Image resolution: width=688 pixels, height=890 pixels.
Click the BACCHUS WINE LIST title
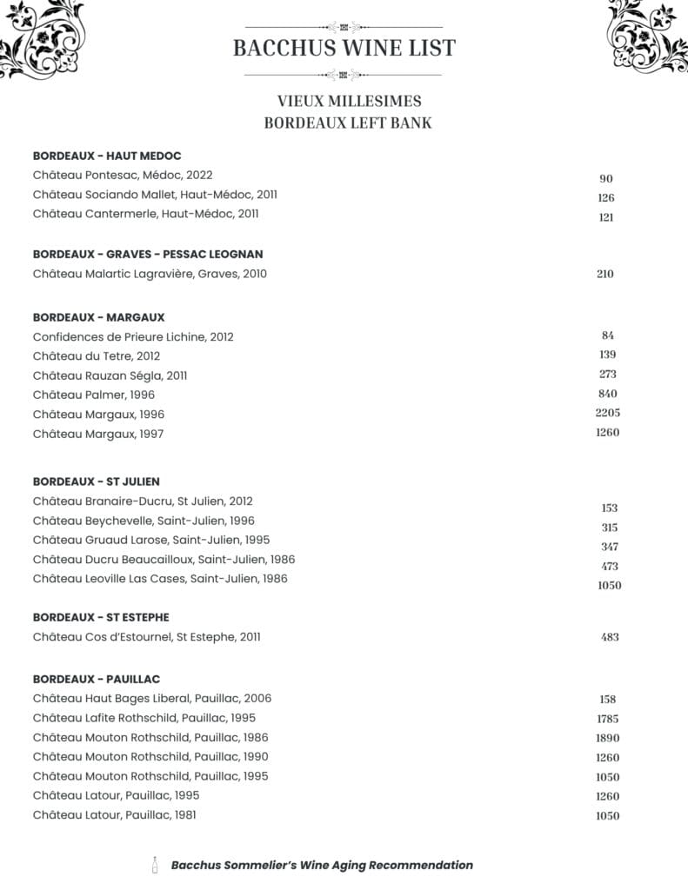(x=344, y=48)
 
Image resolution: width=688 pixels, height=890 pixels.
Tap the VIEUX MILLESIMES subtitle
(x=349, y=102)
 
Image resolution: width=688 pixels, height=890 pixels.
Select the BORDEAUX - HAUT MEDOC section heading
(x=107, y=156)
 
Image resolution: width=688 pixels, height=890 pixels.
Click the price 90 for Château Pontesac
(x=606, y=179)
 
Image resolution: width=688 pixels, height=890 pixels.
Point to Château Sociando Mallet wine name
(x=155, y=195)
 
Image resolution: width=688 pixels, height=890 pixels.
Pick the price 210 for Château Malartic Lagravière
(x=605, y=274)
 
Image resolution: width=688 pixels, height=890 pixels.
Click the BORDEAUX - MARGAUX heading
(x=98, y=317)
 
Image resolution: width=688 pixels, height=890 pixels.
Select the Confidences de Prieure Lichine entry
(x=133, y=336)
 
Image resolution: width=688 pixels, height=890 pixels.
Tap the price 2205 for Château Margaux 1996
(x=608, y=413)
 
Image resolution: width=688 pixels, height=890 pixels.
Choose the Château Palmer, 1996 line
(x=94, y=395)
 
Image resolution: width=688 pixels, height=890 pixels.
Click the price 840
(x=608, y=394)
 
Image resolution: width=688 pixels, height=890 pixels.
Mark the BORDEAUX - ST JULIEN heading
(x=96, y=482)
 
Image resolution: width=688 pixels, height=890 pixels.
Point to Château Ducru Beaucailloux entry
(x=164, y=559)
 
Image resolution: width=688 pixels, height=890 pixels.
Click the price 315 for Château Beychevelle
(x=609, y=528)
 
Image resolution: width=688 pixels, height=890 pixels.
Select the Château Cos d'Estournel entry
(x=146, y=637)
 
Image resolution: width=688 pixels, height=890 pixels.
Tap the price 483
(x=610, y=637)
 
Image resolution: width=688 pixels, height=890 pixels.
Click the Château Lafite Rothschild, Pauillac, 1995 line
(x=144, y=718)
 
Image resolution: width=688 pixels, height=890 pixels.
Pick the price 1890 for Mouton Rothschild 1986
(x=608, y=738)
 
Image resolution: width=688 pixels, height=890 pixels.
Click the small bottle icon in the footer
(x=155, y=865)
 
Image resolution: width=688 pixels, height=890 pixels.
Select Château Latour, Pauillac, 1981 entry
(x=121, y=814)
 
